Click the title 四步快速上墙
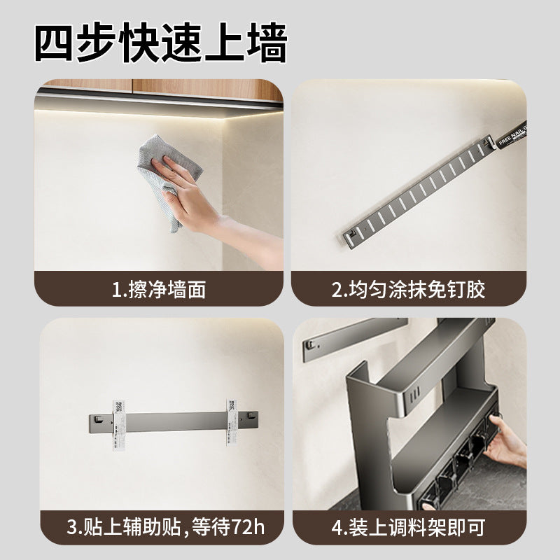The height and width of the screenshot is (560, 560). (x=161, y=43)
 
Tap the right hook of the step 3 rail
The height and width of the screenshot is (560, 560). (x=245, y=419)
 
